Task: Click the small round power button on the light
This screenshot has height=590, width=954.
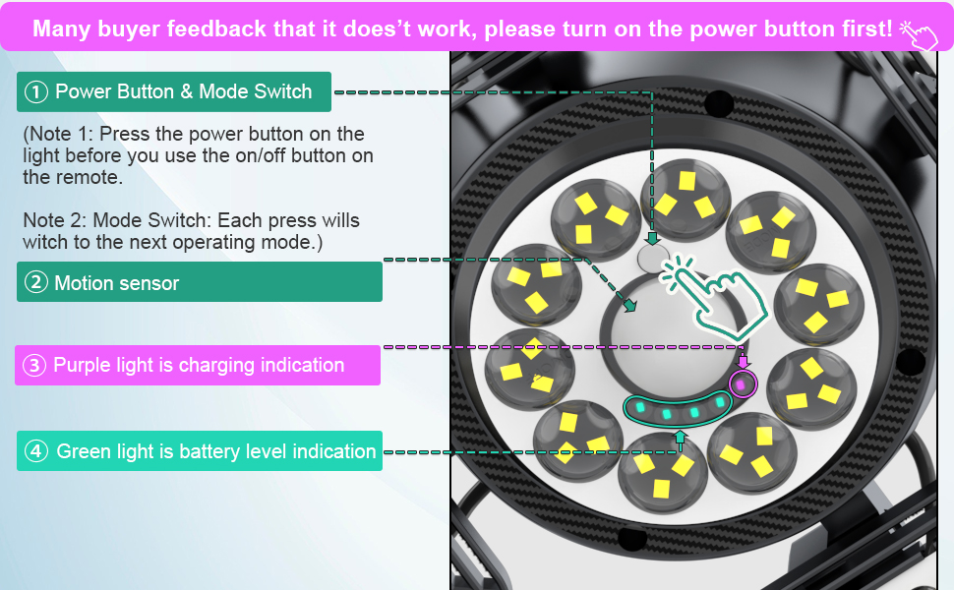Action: pos(652,259)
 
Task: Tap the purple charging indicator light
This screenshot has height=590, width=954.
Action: pos(742,383)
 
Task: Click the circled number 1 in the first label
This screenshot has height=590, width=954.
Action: pos(36,92)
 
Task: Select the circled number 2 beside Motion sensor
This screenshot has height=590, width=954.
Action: pos(36,283)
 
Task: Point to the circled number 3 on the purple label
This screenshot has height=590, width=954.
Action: pos(35,366)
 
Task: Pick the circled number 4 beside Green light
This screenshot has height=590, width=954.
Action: pos(36,452)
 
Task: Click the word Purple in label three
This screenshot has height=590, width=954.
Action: pos(83,366)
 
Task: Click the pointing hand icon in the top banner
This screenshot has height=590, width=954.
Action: pos(919,30)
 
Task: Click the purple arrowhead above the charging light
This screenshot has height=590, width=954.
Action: pos(743,362)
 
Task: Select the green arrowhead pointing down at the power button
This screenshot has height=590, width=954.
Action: pos(652,237)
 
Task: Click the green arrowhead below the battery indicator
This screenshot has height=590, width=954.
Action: pos(679,434)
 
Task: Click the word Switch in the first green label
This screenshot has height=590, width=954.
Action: pos(283,92)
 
